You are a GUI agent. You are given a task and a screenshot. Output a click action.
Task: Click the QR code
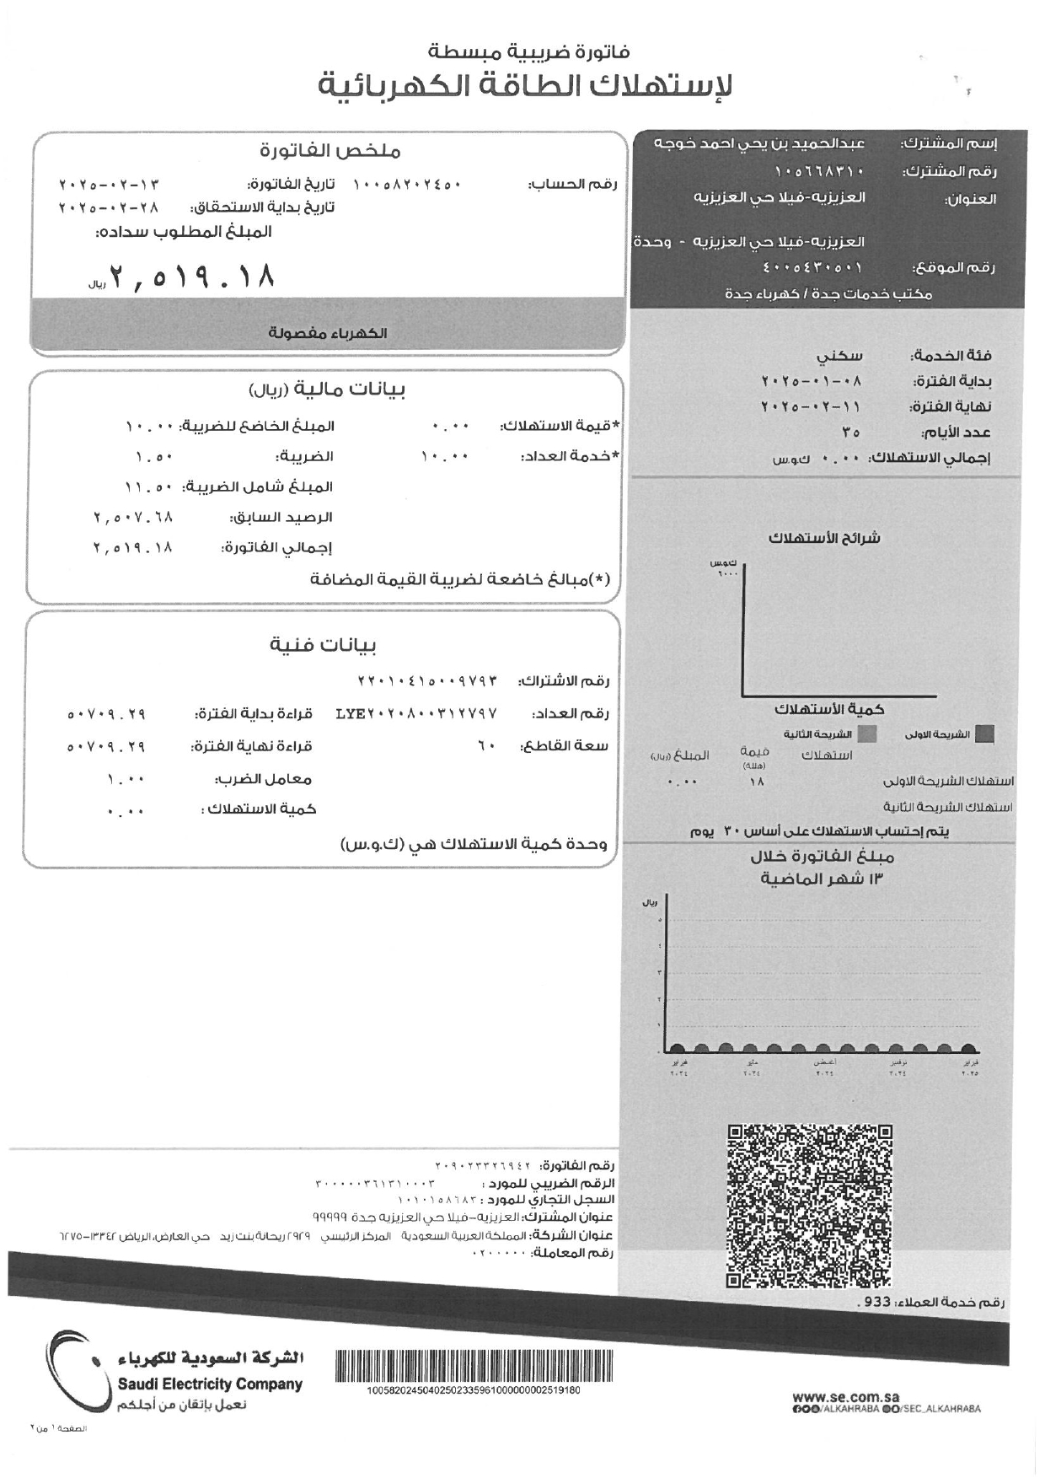(x=809, y=1207)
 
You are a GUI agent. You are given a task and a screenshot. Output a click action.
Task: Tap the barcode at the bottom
(x=474, y=1365)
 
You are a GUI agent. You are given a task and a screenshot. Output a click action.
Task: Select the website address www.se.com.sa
(x=844, y=1398)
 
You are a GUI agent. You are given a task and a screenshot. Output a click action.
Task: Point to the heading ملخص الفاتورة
(x=330, y=152)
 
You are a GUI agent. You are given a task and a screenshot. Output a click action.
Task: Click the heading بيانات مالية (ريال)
(x=328, y=390)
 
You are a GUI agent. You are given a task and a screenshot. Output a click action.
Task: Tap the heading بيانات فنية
(x=323, y=646)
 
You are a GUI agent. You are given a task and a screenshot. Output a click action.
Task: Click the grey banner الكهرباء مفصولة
(x=328, y=333)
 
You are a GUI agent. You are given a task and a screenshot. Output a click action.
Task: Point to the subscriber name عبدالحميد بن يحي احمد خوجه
(x=760, y=143)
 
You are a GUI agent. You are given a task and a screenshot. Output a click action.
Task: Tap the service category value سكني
(x=840, y=356)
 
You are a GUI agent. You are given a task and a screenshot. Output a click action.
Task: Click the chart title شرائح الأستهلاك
(x=824, y=538)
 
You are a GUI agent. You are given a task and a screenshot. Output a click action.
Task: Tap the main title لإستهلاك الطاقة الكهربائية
(x=525, y=87)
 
